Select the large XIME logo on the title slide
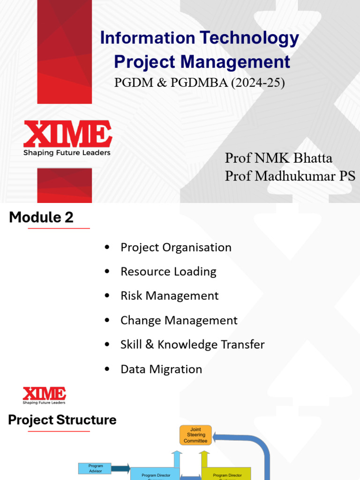click(x=67, y=134)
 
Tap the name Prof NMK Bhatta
click(x=278, y=158)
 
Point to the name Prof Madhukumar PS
click(x=290, y=176)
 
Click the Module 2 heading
click(x=41, y=217)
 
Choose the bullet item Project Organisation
click(x=176, y=247)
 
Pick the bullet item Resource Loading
click(x=168, y=271)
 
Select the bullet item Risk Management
click(x=169, y=296)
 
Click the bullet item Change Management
click(x=179, y=320)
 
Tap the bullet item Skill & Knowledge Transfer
click(x=192, y=345)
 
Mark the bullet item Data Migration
click(x=161, y=369)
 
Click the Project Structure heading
click(x=62, y=420)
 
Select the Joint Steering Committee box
click(x=195, y=435)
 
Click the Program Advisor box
click(x=95, y=468)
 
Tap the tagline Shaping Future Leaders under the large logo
click(x=67, y=153)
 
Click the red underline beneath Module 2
click(x=59, y=228)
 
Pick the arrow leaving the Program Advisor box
click(x=121, y=468)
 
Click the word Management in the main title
click(x=235, y=62)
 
